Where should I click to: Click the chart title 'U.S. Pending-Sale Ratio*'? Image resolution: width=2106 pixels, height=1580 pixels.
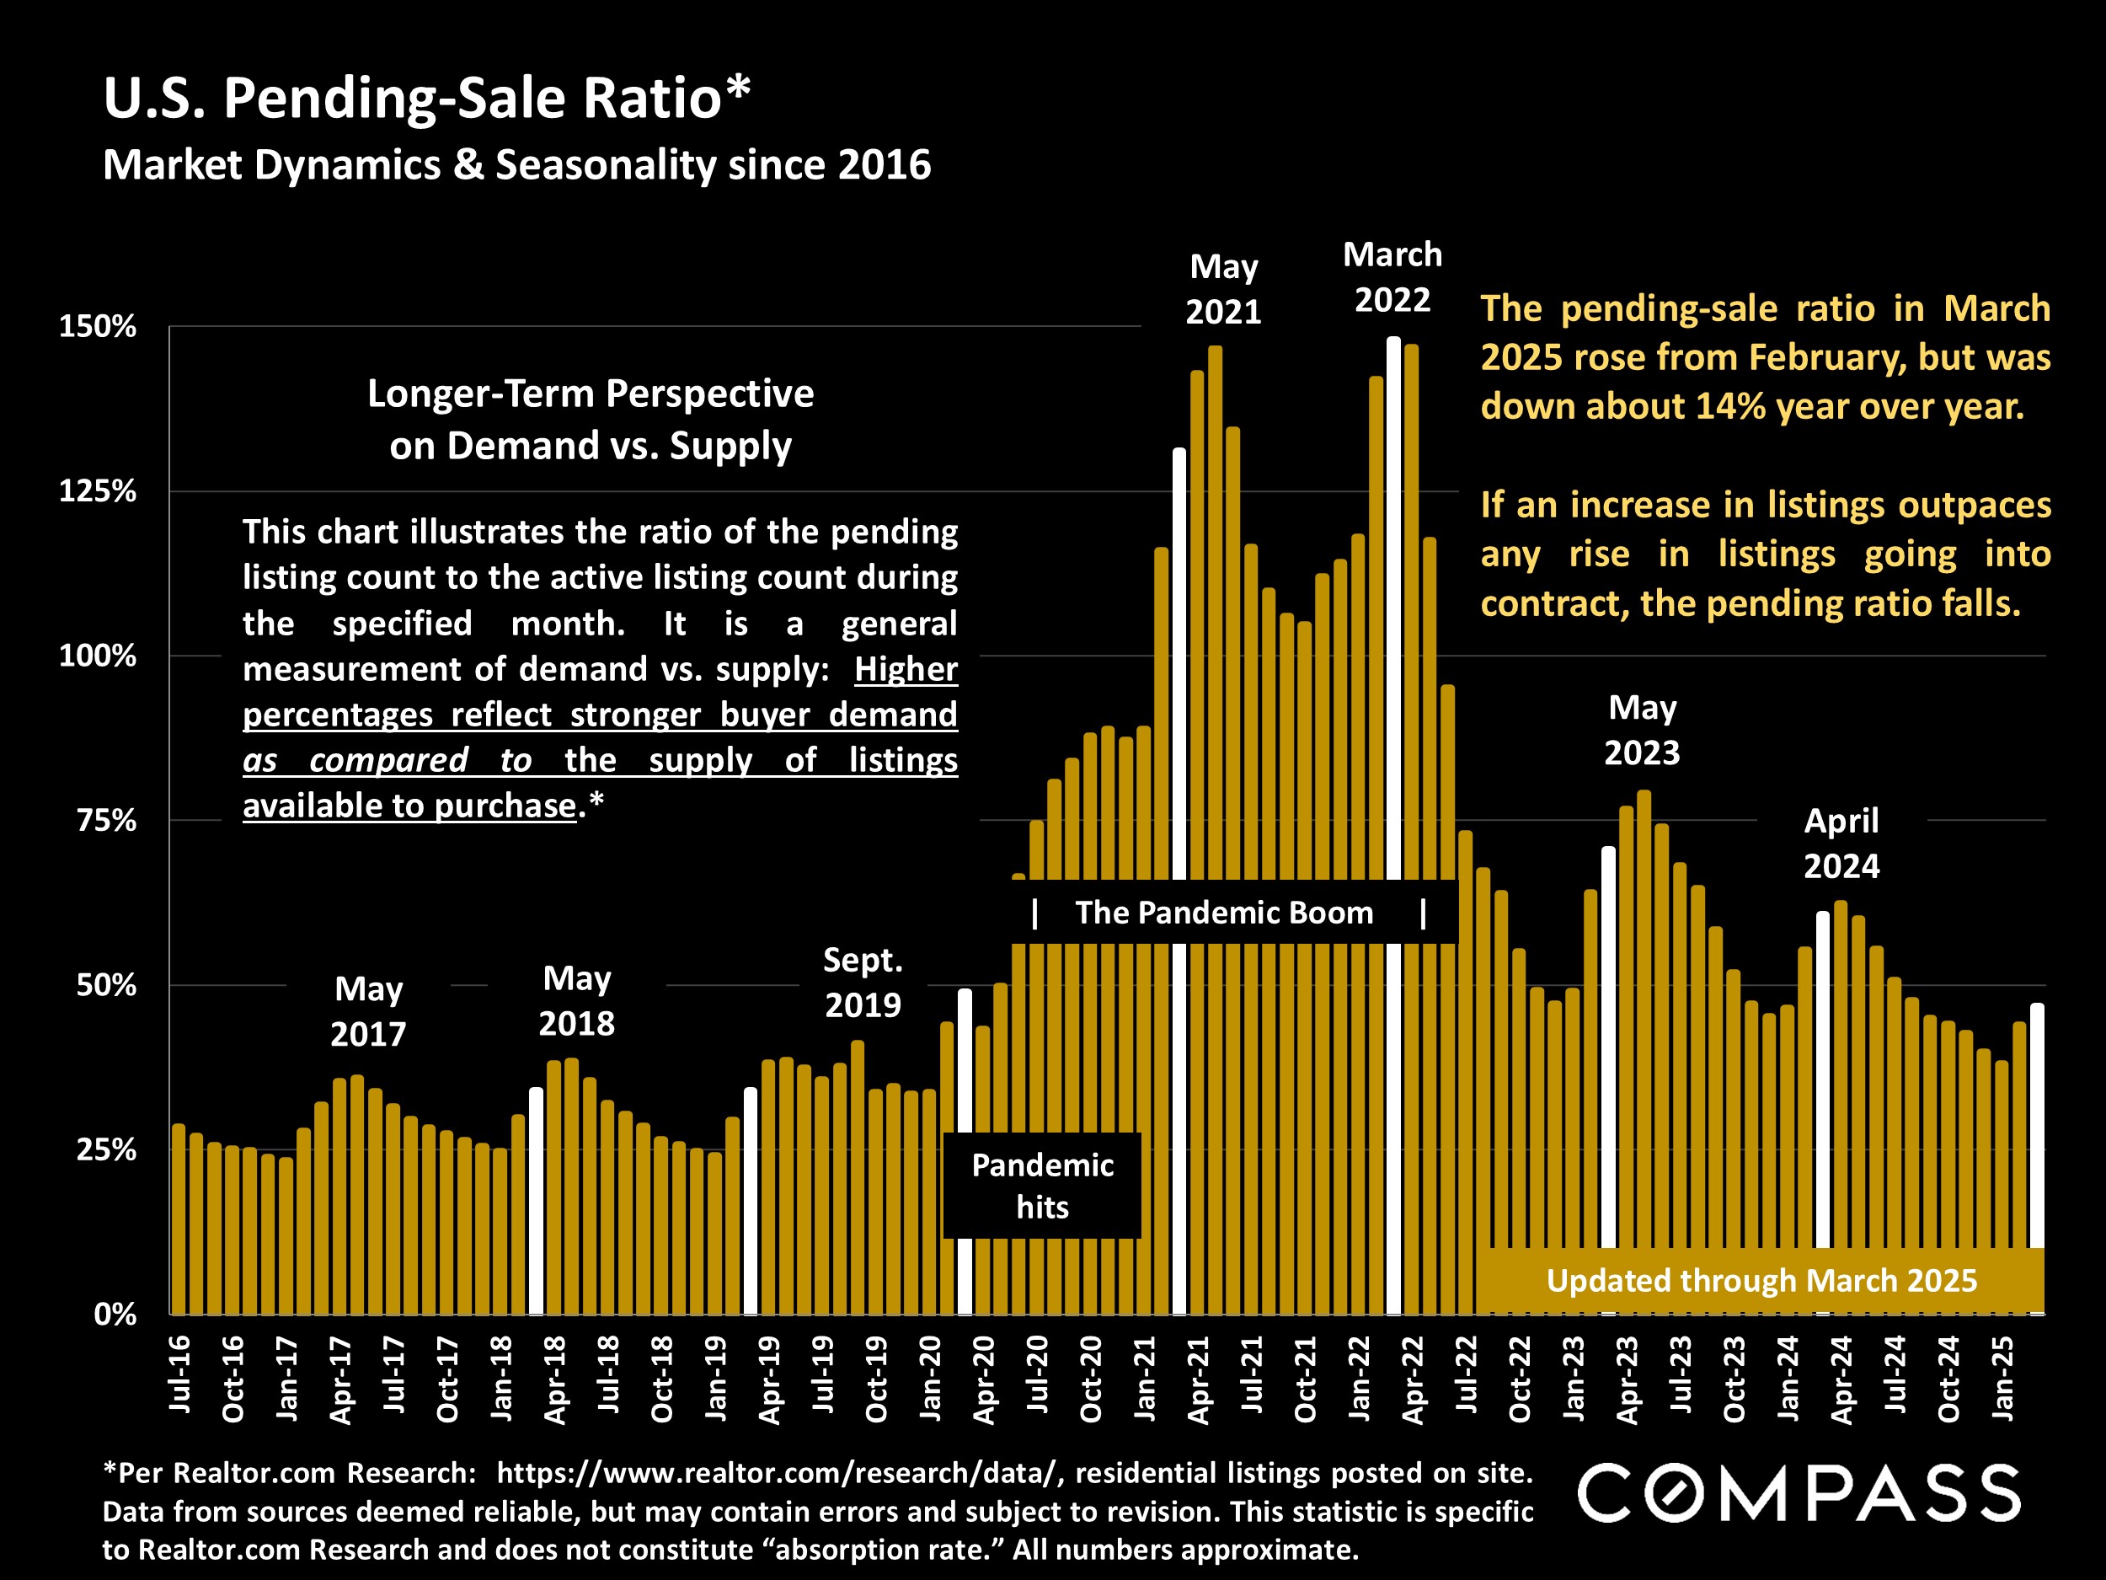(426, 98)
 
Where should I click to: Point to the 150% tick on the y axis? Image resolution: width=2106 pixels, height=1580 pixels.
(98, 327)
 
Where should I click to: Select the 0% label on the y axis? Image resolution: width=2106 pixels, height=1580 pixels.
(115, 1315)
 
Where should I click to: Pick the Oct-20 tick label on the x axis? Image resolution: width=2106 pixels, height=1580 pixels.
(1091, 1378)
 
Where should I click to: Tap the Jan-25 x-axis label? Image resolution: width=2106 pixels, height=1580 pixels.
(2003, 1378)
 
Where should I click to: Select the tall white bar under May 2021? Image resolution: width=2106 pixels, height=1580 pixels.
(1179, 667)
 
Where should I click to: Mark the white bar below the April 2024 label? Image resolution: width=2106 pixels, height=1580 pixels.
(1822, 1076)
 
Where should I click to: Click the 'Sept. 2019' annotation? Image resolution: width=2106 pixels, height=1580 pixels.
(863, 982)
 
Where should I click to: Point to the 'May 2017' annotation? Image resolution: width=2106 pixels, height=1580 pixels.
(368, 1011)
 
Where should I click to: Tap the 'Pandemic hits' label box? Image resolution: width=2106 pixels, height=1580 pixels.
(1043, 1186)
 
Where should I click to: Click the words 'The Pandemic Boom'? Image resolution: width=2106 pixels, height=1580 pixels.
(1224, 913)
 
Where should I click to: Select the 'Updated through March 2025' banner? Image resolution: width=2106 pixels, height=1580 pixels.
(1761, 1281)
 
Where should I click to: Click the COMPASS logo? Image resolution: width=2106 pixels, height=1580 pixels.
(1799, 1492)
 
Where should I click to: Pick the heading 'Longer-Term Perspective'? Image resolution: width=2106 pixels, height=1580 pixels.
(591, 394)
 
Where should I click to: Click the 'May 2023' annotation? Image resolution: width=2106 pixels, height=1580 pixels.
(1643, 731)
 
